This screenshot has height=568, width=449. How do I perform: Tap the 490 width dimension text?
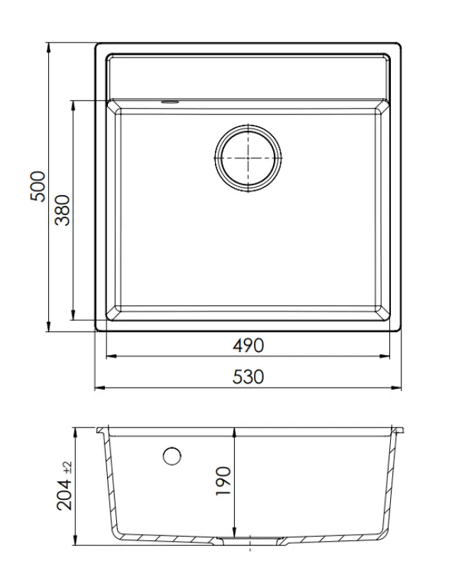point(248,346)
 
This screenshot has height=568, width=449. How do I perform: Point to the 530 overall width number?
point(248,378)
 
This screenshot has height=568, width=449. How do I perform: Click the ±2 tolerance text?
point(67,467)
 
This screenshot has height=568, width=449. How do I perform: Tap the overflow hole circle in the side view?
point(172,456)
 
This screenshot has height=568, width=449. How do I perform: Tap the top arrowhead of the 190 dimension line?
point(235,434)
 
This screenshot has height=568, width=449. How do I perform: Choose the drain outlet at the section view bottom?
point(250,542)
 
